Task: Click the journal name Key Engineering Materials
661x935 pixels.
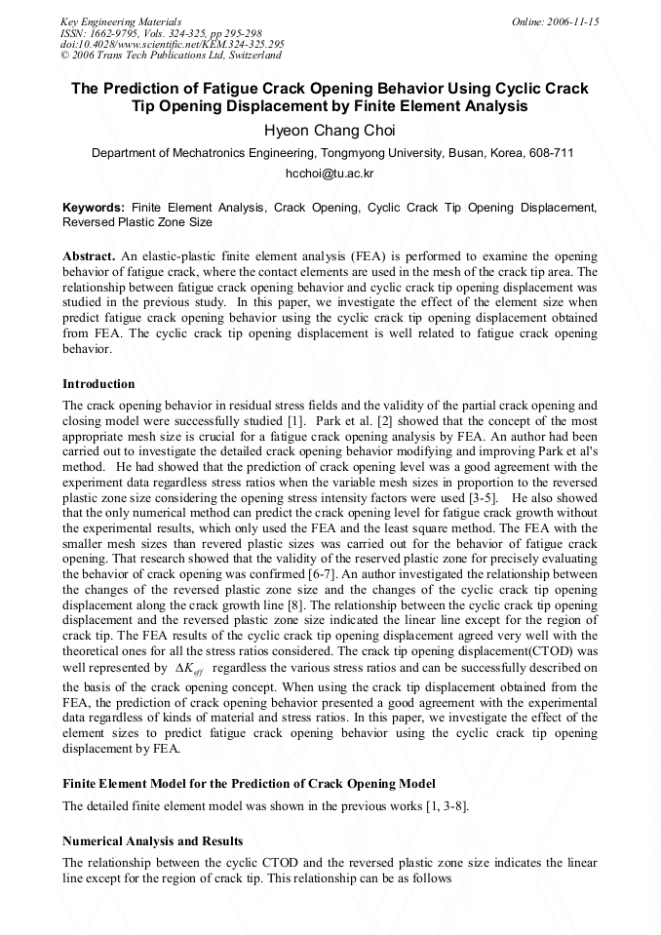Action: click(120, 21)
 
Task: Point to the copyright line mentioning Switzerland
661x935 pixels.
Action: click(171, 56)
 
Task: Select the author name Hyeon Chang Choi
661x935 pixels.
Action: click(330, 131)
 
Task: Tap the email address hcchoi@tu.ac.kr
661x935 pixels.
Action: click(330, 174)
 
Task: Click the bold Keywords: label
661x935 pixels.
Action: click(94, 208)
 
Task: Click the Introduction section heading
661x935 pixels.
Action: click(98, 384)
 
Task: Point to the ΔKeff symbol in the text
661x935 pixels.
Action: click(188, 669)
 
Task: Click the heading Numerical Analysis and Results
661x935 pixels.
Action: click(153, 840)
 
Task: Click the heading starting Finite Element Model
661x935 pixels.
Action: click(249, 784)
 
